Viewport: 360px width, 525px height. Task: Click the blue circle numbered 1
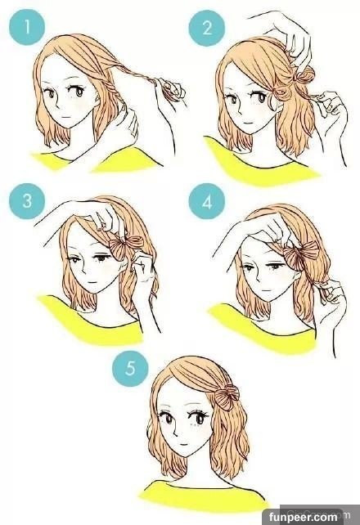pyautogui.click(x=27, y=27)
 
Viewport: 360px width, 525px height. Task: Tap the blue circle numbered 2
pyautogui.click(x=207, y=27)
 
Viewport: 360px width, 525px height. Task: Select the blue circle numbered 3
pyautogui.click(x=27, y=201)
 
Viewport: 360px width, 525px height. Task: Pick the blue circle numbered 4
pyautogui.click(x=207, y=201)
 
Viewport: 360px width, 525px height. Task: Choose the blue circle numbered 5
pyautogui.click(x=130, y=368)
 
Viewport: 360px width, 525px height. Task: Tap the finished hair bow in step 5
pyautogui.click(x=227, y=397)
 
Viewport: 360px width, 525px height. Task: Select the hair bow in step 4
pyautogui.click(x=300, y=254)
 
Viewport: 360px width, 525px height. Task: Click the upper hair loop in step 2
pyautogui.click(x=304, y=76)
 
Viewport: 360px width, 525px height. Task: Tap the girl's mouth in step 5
pyautogui.click(x=182, y=444)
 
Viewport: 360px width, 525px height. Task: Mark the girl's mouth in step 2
pyautogui.click(x=247, y=123)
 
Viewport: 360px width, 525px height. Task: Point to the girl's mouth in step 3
pyautogui.click(x=91, y=282)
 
